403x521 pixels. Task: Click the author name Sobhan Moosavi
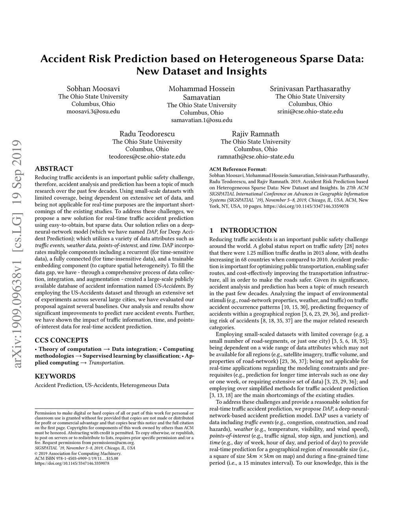tap(93, 89)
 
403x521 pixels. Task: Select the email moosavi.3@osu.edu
tap(93, 111)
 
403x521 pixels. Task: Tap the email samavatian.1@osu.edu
tap(201, 120)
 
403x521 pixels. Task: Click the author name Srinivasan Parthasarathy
tap(310, 89)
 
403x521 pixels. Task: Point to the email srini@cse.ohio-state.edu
tap(310, 111)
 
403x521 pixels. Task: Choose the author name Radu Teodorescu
tap(147, 134)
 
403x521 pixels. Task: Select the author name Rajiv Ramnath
tap(255, 134)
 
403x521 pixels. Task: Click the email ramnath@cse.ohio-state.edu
tap(255, 156)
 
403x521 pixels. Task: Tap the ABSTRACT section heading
tap(54, 169)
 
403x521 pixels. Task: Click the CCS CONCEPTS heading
tap(61, 340)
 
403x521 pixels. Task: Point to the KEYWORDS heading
tap(55, 376)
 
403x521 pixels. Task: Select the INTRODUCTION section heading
tap(248, 230)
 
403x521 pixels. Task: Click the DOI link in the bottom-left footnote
tap(72, 463)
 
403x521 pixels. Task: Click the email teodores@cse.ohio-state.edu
tap(147, 156)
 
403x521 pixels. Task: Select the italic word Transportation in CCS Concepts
tap(106, 363)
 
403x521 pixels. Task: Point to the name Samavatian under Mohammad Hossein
tap(201, 98)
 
